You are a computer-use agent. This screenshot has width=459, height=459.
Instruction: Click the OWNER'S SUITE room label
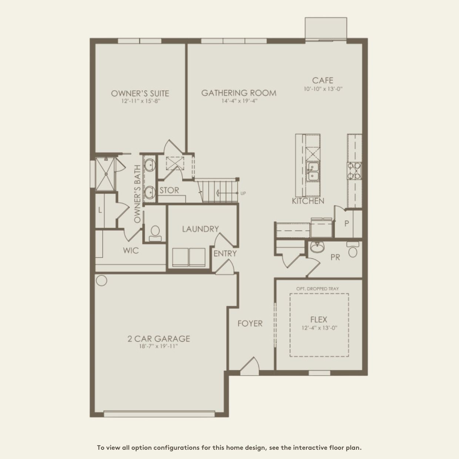click(x=140, y=93)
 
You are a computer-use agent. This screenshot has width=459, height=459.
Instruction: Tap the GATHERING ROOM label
click(x=239, y=93)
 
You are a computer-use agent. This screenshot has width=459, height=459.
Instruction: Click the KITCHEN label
click(x=308, y=201)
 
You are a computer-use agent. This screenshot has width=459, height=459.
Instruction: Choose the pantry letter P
click(x=346, y=224)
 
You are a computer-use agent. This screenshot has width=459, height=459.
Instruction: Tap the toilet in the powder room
click(x=353, y=250)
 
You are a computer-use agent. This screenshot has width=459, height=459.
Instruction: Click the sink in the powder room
click(x=316, y=247)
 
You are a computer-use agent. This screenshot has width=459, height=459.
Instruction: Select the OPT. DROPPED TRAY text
click(x=317, y=289)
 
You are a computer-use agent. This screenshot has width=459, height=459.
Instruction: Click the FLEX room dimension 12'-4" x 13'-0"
click(x=319, y=328)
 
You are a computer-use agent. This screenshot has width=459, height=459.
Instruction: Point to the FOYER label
click(x=250, y=324)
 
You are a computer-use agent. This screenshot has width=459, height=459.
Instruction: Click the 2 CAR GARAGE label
click(x=158, y=338)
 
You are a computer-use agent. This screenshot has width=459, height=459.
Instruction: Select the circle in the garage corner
click(x=101, y=280)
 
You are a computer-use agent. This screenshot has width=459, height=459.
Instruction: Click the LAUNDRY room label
click(x=200, y=229)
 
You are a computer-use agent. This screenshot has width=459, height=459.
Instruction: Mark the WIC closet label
click(x=131, y=251)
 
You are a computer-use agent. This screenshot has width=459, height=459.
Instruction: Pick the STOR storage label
click(x=169, y=191)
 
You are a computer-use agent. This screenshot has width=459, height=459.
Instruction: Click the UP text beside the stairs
click(x=243, y=193)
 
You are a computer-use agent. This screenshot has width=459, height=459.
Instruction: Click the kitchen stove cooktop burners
click(x=354, y=171)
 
